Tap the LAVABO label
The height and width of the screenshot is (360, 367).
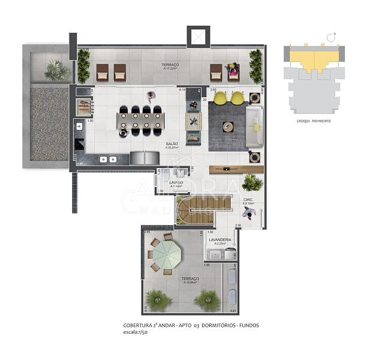176,182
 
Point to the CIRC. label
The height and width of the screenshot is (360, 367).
248,199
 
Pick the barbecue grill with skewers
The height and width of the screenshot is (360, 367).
85,107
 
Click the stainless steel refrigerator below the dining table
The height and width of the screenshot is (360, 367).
145,158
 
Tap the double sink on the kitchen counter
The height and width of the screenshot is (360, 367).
108,160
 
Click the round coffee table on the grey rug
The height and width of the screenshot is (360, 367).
228,127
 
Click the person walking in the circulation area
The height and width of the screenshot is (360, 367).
252,213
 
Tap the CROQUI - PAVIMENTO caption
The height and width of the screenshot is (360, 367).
313,121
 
